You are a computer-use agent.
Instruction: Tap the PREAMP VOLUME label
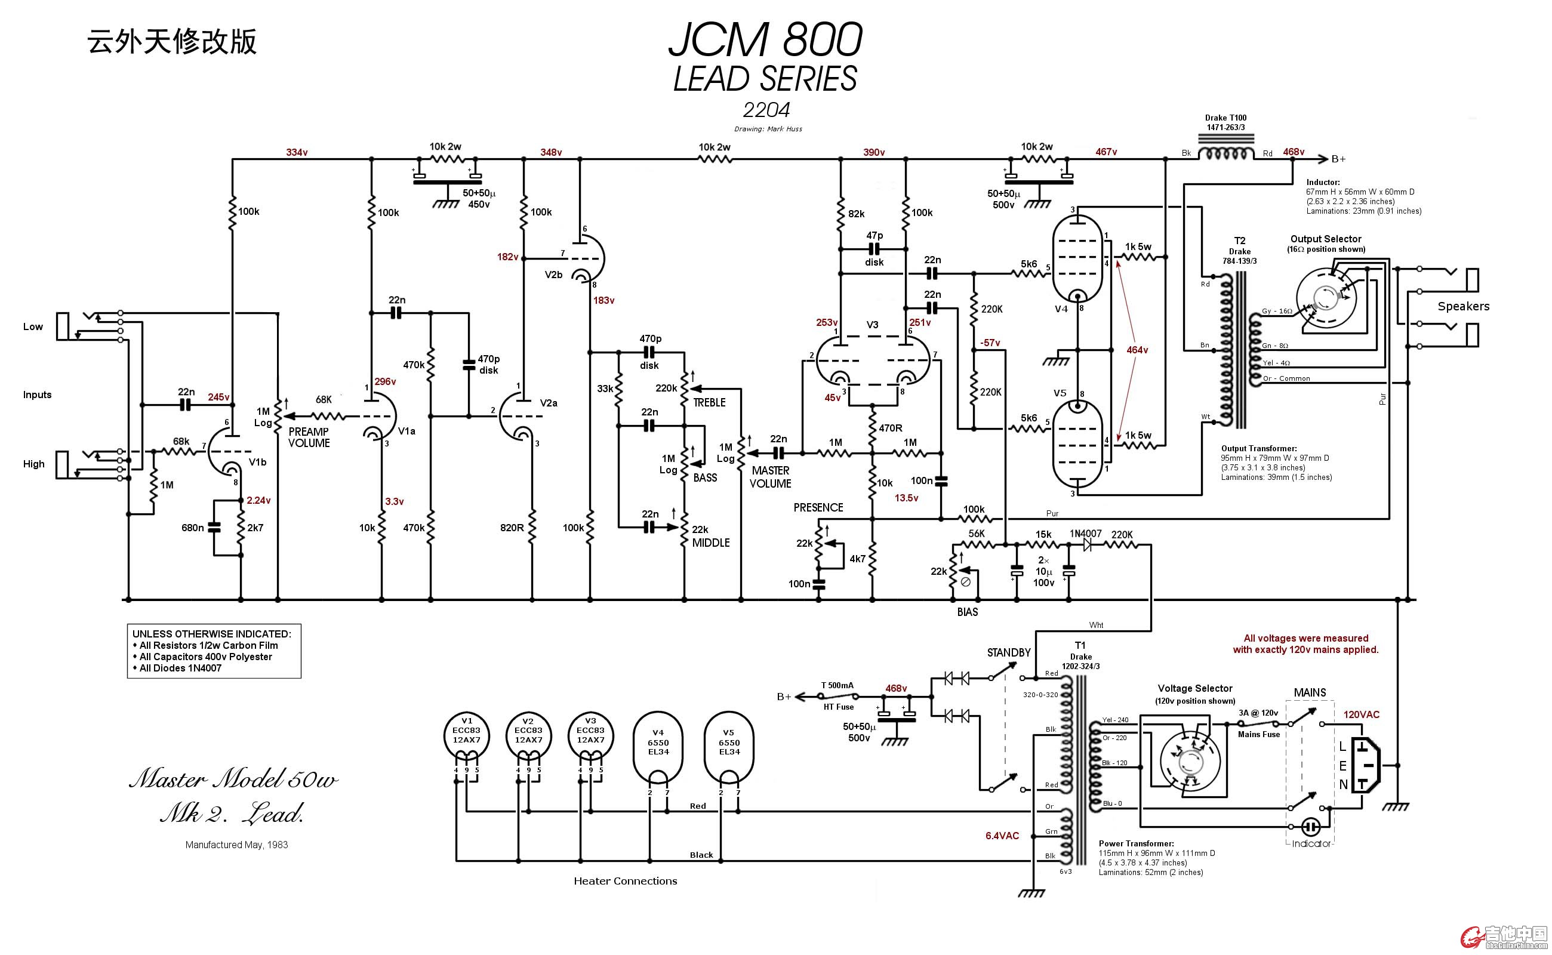click(309, 437)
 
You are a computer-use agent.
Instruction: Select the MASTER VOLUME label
click(770, 477)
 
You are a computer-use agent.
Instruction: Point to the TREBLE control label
click(709, 402)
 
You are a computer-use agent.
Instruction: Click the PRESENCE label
click(818, 507)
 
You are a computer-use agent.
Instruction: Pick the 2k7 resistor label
click(255, 528)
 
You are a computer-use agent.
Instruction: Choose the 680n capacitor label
click(192, 528)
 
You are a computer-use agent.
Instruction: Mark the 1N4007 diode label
click(1085, 534)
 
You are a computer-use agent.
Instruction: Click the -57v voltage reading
click(990, 343)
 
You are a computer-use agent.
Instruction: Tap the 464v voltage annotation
click(1137, 349)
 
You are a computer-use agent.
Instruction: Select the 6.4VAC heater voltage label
click(1002, 836)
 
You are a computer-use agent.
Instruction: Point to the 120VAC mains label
click(1361, 714)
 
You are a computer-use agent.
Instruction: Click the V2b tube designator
click(553, 275)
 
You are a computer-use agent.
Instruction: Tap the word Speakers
click(1463, 306)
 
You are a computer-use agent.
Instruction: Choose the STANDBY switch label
click(1008, 652)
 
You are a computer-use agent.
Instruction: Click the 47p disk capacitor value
click(874, 236)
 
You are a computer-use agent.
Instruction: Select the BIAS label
click(967, 611)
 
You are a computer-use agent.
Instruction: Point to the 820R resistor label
click(512, 528)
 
